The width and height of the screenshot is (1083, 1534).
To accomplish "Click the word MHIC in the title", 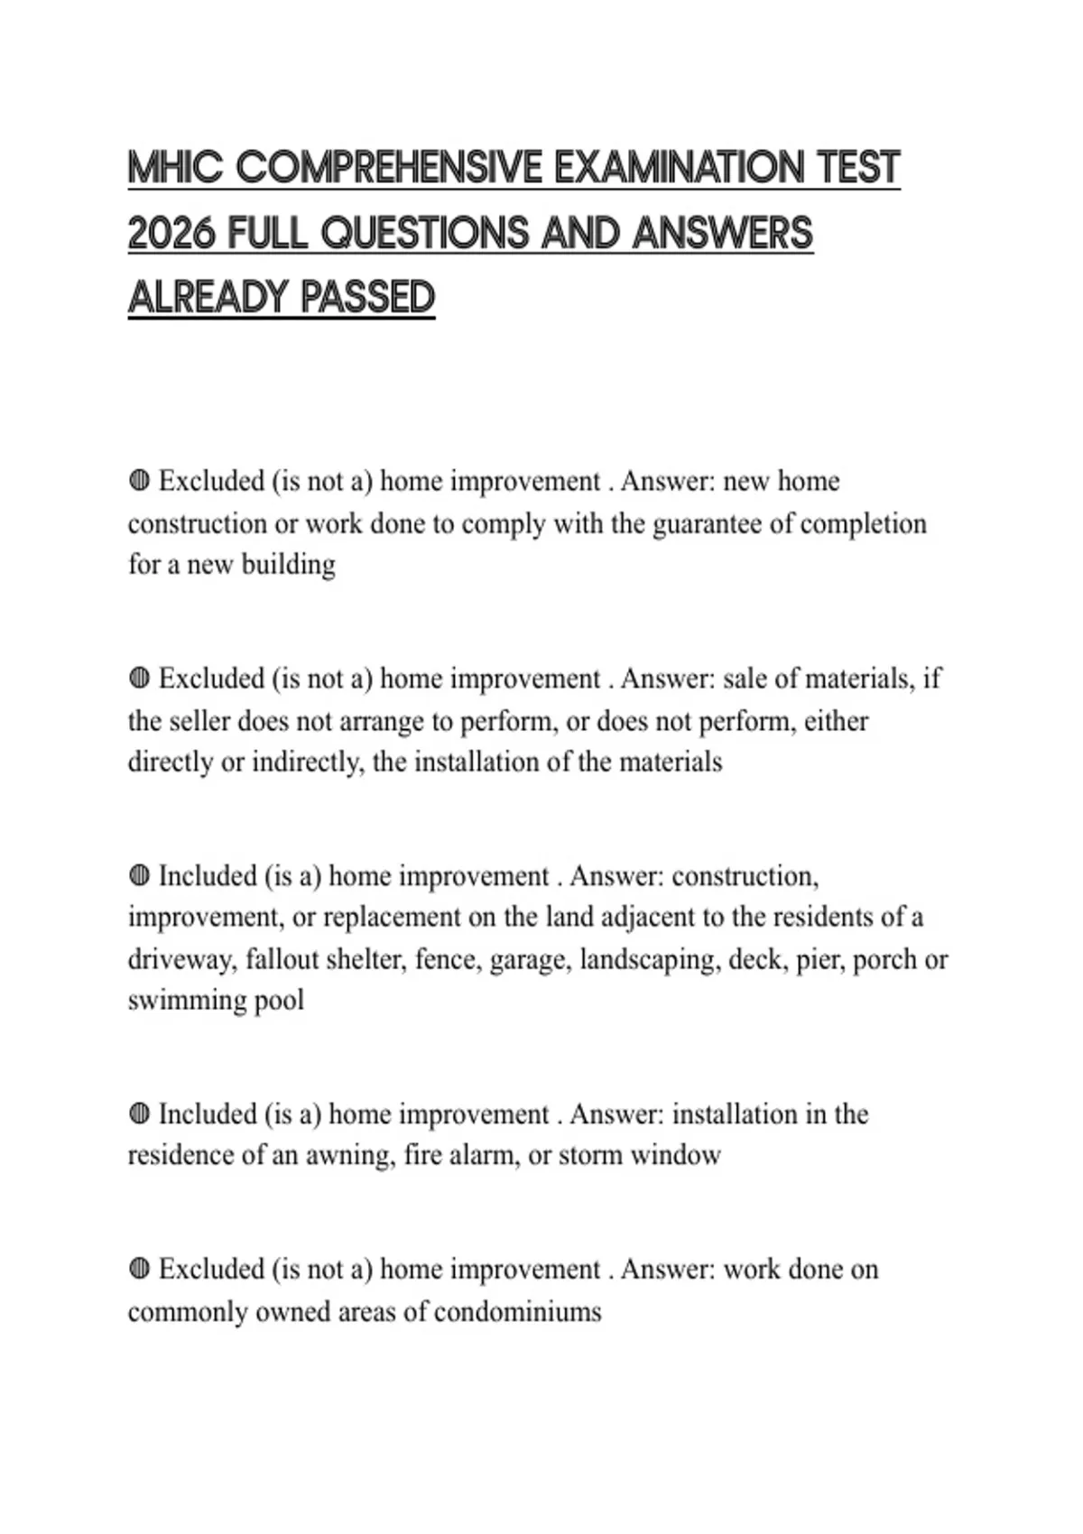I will tap(175, 169).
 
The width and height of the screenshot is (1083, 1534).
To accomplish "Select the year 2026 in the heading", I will tap(171, 234).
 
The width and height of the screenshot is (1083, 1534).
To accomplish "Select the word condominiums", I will tap(517, 1311).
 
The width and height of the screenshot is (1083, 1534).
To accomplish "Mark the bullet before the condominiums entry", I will tap(139, 1270).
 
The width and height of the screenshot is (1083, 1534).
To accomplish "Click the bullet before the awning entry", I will tap(139, 1114).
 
